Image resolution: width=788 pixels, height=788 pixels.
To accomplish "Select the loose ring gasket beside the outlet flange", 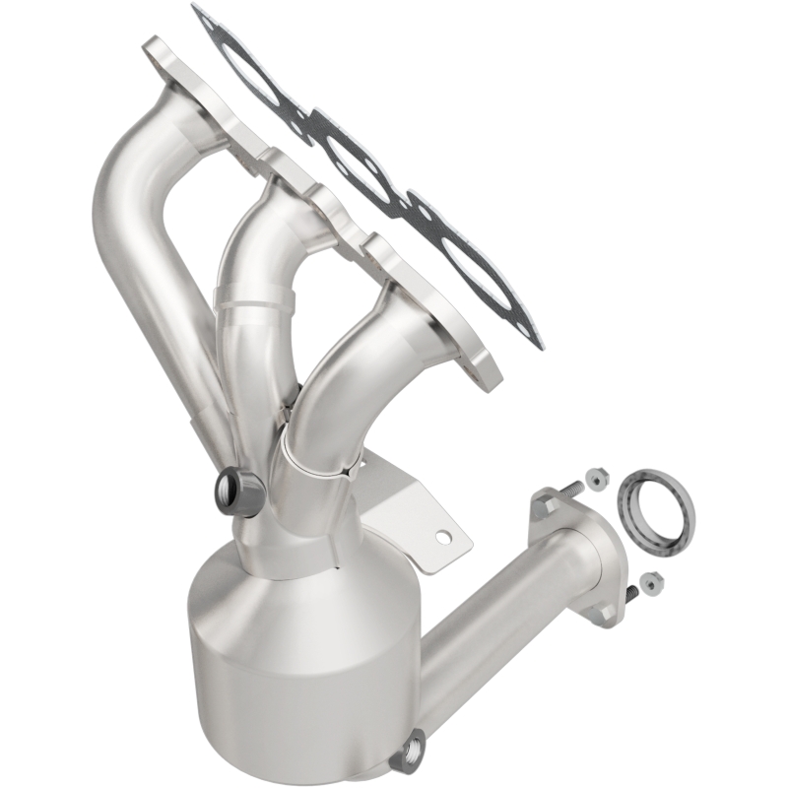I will [x=655, y=507].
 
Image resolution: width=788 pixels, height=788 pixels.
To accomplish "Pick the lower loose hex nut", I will [x=648, y=584].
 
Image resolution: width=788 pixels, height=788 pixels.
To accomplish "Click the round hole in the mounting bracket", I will [x=445, y=538].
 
